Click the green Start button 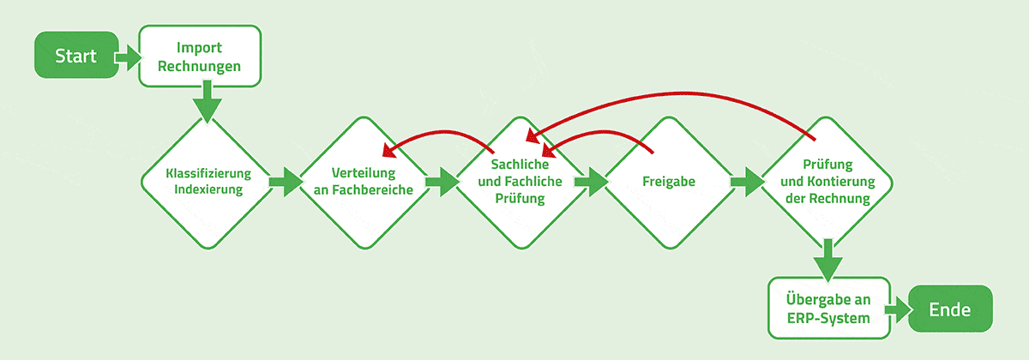pyautogui.click(x=75, y=56)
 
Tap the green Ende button pyautogui.click(x=950, y=308)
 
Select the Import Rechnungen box pyautogui.click(x=200, y=56)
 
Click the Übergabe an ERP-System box pyautogui.click(x=828, y=308)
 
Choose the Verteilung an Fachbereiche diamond pyautogui.click(x=363, y=182)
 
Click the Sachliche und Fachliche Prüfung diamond pyautogui.click(x=514, y=182)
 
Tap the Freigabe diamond pyautogui.click(x=668, y=182)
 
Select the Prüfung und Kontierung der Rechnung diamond pyautogui.click(x=827, y=182)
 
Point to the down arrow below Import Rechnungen pyautogui.click(x=207, y=105)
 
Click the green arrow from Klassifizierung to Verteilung pyautogui.click(x=286, y=182)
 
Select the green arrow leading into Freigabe pyautogui.click(x=591, y=182)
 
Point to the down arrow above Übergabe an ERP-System pyautogui.click(x=827, y=260)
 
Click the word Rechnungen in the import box pyautogui.click(x=200, y=65)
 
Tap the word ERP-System pyautogui.click(x=828, y=318)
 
